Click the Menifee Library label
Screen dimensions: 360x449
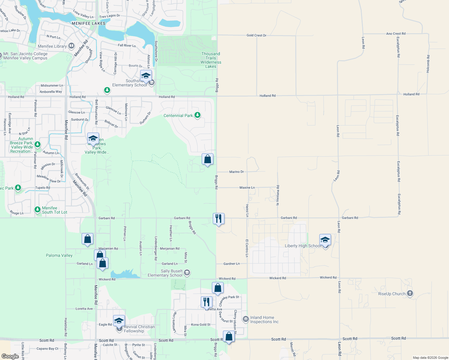click(x=52, y=46)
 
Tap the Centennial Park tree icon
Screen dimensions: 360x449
click(x=197, y=115)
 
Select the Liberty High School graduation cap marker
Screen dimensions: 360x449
click(x=325, y=240)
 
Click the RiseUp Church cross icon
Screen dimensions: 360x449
click(x=410, y=294)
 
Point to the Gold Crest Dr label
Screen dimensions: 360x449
click(x=256, y=35)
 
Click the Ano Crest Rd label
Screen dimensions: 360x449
click(x=396, y=34)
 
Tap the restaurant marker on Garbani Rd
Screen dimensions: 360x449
click(x=218, y=219)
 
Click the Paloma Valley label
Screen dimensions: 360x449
click(x=59, y=255)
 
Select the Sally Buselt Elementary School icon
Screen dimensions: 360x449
click(x=187, y=273)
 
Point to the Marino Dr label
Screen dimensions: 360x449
click(x=237, y=172)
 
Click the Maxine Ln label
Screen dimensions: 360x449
click(x=247, y=187)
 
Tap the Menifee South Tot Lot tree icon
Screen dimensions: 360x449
click(x=38, y=209)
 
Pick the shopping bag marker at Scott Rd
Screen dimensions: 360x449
click(x=229, y=337)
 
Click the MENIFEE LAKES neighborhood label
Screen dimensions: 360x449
click(x=89, y=23)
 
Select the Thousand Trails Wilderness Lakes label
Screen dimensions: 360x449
click(x=211, y=60)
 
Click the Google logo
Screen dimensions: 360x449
click(x=10, y=356)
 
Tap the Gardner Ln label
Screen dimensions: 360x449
click(x=231, y=264)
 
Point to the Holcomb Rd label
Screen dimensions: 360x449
click(x=428, y=64)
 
